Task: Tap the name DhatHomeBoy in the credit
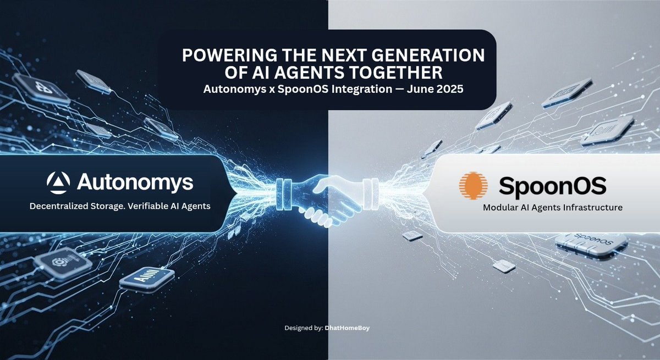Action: [x=355, y=328]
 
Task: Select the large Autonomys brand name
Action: [x=135, y=182]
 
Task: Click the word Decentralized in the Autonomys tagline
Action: [x=59, y=207]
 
